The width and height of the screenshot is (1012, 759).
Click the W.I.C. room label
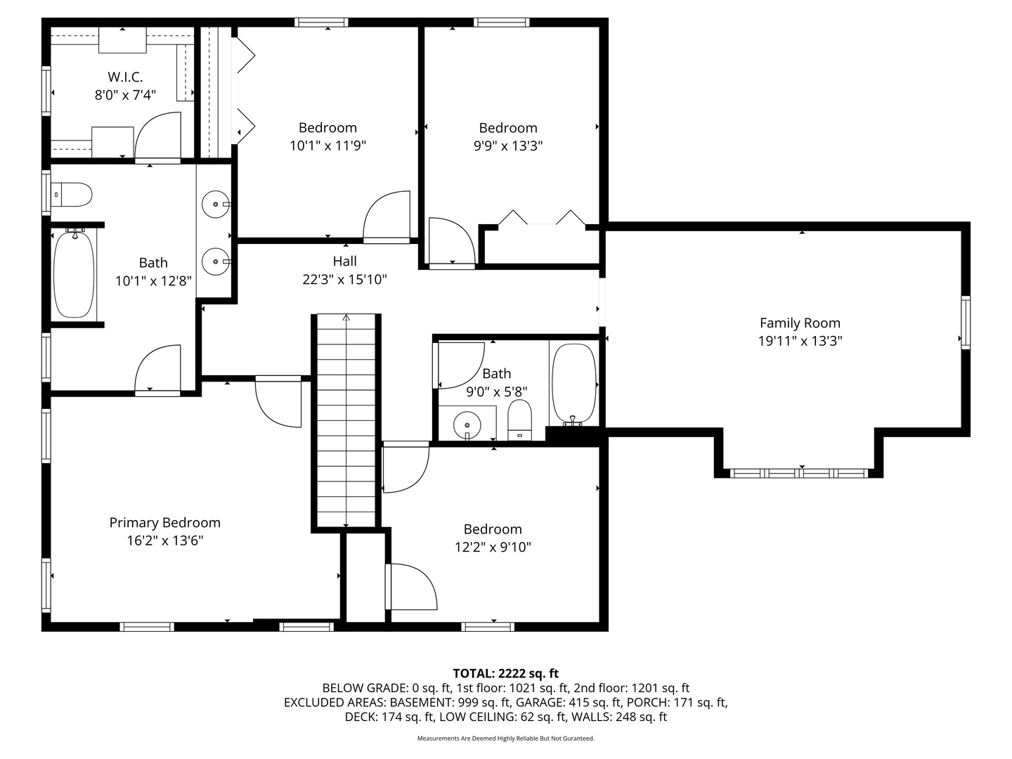click(125, 77)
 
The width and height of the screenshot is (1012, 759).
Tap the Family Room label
click(800, 323)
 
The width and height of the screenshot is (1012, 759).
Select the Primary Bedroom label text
click(164, 523)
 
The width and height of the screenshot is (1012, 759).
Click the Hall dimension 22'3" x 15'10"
click(344, 280)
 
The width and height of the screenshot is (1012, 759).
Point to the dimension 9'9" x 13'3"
click(507, 146)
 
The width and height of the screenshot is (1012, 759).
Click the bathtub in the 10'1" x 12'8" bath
click(74, 274)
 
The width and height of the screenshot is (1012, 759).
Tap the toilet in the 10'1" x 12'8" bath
click(73, 195)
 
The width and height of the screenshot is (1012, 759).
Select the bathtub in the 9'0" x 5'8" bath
click(573, 383)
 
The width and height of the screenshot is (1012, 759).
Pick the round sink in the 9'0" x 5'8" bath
click(467, 424)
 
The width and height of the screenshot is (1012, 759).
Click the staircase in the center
click(346, 422)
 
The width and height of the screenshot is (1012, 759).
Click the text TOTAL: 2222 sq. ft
click(505, 673)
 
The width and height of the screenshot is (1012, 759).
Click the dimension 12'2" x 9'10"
click(493, 547)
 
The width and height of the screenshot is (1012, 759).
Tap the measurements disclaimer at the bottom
click(505, 739)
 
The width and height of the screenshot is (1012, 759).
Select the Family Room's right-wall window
click(966, 323)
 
